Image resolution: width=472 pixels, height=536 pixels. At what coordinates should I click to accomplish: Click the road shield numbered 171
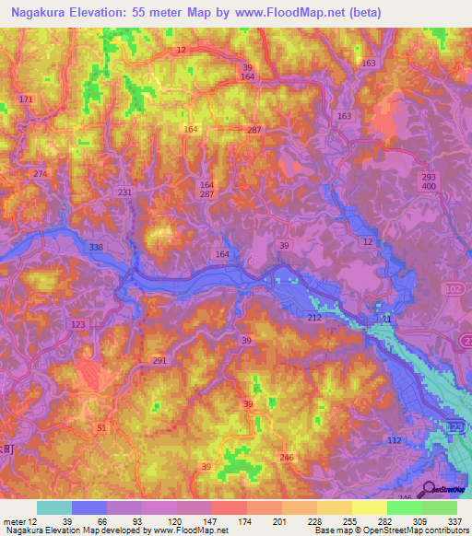25,99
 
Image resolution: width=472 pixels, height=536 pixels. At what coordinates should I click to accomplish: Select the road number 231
125,192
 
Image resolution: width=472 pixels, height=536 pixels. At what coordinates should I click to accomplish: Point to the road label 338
97,248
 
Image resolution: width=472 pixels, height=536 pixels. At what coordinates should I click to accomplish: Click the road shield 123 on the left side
78,325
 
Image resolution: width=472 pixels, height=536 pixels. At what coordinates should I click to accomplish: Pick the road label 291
159,361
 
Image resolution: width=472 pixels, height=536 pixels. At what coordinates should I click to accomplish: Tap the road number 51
101,428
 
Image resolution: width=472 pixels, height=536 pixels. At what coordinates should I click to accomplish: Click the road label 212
314,317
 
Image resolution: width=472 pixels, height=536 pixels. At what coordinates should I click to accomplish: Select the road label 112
395,440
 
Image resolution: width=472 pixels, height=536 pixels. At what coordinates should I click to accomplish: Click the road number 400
428,187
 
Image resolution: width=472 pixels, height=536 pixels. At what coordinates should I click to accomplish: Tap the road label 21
386,320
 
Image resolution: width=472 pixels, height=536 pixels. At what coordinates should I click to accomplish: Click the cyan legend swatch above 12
53,507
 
